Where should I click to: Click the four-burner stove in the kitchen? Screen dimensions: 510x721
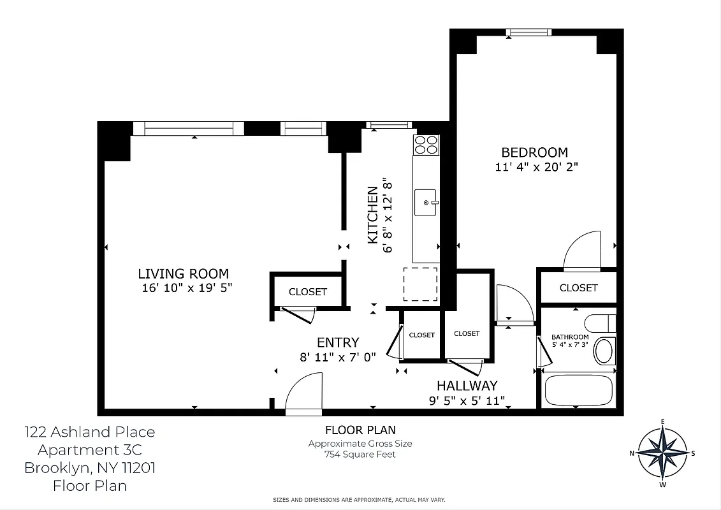pos(426,145)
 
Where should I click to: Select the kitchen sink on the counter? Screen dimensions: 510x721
pos(425,203)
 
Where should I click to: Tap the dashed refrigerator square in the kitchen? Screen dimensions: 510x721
pos(420,284)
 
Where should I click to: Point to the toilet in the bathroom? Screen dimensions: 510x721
pos(601,323)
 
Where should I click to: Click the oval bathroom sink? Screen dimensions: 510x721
pos(603,350)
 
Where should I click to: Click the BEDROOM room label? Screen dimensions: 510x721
pos(534,152)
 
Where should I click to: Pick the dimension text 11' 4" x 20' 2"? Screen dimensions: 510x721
pos(536,168)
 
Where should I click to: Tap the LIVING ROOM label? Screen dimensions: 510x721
pos(183,273)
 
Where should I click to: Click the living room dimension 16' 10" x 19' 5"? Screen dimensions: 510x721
pos(187,288)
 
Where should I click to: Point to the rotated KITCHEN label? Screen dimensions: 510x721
pos(372,215)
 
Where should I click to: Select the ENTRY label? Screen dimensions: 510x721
pos(337,342)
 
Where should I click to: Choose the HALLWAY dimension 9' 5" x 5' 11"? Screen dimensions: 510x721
pos(467,401)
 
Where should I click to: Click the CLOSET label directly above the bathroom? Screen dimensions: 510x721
pos(578,288)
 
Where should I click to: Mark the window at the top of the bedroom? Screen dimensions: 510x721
pos(528,33)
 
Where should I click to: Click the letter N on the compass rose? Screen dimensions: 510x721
pos(632,453)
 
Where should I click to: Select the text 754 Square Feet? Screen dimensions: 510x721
pos(360,455)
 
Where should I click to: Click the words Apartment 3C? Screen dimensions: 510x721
pos(89,450)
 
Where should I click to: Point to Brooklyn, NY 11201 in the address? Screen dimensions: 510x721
pos(89,468)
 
